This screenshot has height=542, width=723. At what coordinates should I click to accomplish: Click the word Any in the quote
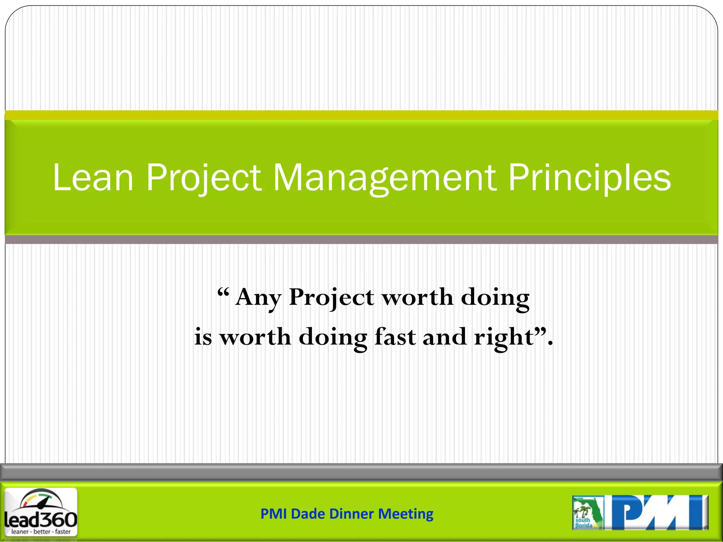(258, 297)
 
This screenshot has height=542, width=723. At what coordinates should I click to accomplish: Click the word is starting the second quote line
(203, 337)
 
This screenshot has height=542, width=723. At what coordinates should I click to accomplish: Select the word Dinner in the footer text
(351, 514)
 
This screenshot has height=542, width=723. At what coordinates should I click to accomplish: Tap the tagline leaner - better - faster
(41, 531)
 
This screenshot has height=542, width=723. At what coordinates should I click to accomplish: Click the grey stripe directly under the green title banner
(361, 240)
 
